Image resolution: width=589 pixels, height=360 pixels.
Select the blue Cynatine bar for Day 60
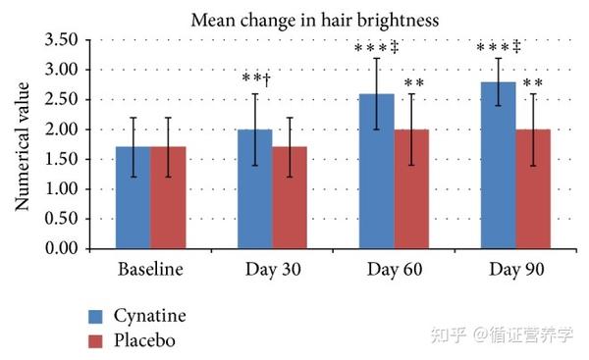[x=376, y=172]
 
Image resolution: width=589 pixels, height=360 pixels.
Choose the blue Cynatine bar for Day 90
[x=498, y=166]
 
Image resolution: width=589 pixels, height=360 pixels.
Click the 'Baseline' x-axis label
[x=150, y=269]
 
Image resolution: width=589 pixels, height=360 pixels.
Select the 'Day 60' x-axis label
[x=394, y=269]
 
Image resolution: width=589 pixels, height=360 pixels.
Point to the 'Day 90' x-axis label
[x=515, y=269]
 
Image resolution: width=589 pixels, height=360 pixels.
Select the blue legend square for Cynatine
[x=95, y=316]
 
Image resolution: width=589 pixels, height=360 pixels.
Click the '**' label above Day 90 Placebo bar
[x=533, y=83]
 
